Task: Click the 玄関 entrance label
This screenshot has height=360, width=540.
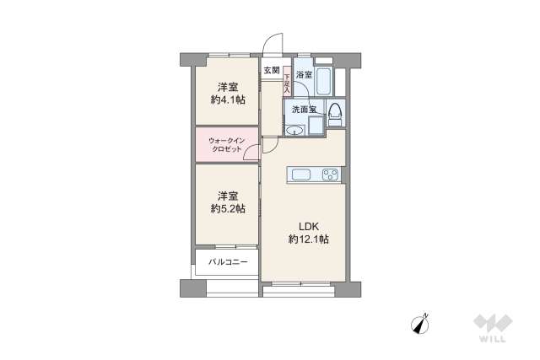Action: coord(271,70)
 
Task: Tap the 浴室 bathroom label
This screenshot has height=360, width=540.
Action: coord(304,75)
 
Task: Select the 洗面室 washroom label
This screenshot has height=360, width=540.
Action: coord(304,110)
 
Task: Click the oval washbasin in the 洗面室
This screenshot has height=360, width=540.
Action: coord(294,130)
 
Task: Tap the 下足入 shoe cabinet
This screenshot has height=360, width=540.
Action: coord(287,81)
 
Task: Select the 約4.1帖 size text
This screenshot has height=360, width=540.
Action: coord(228,100)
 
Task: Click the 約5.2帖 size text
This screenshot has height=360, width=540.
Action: coord(228,208)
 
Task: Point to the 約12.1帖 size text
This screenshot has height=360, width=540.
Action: coord(308,239)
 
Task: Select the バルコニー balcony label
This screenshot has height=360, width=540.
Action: coord(229,262)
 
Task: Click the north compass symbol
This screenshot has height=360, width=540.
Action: coord(422,325)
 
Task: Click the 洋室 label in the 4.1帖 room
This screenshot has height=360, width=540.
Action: coord(228,87)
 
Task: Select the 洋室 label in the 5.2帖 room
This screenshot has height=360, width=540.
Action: coord(228,195)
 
